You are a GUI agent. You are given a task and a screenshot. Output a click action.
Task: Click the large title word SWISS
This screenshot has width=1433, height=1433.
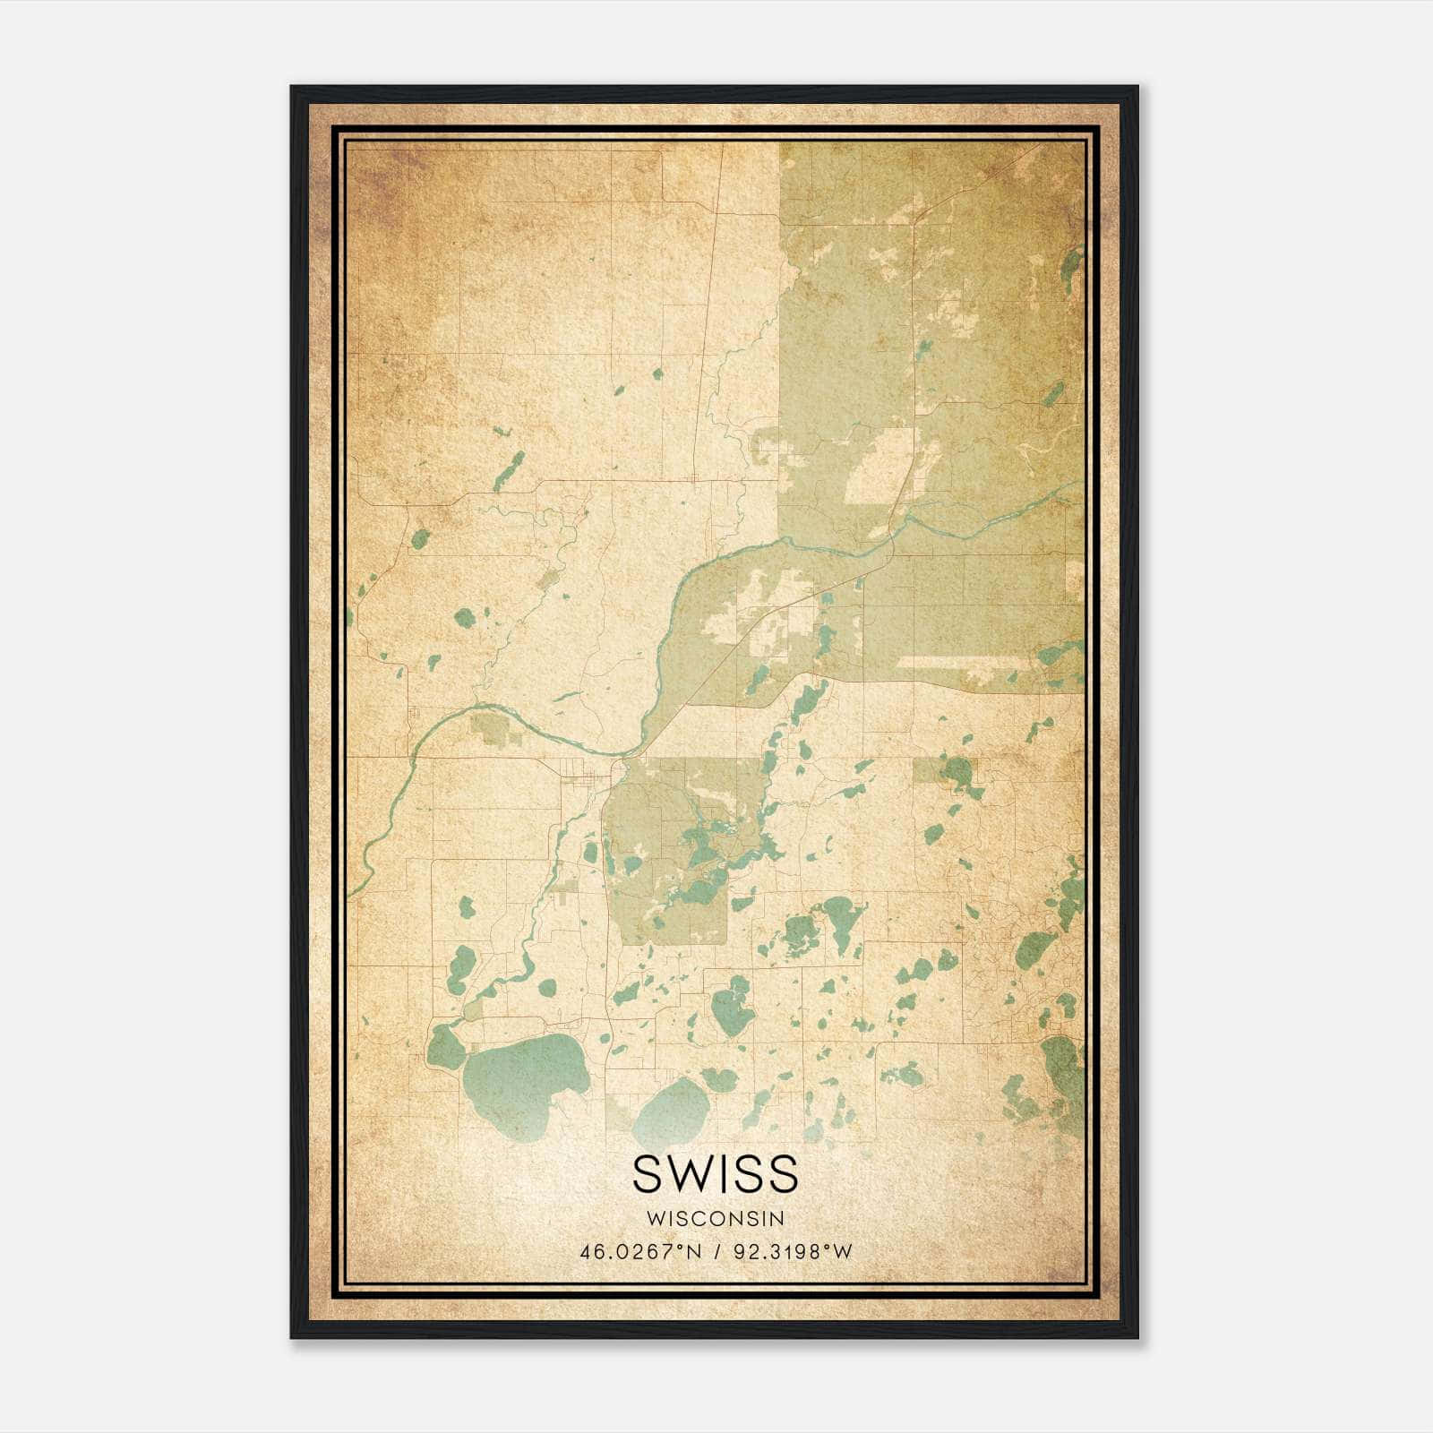(x=715, y=1174)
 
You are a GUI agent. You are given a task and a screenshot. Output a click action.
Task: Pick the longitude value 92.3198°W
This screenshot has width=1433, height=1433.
(x=793, y=1252)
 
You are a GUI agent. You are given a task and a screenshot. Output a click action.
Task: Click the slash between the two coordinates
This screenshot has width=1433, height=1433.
(x=717, y=1252)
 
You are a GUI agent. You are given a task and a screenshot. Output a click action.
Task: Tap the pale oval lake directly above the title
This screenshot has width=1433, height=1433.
(x=674, y=1111)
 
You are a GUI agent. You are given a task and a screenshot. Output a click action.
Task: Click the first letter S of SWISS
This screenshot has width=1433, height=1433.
(x=648, y=1174)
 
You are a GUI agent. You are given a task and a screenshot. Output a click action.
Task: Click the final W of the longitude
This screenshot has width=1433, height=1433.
(x=842, y=1252)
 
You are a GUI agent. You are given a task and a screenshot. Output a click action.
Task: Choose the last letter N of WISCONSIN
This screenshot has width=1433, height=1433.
(x=779, y=1219)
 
